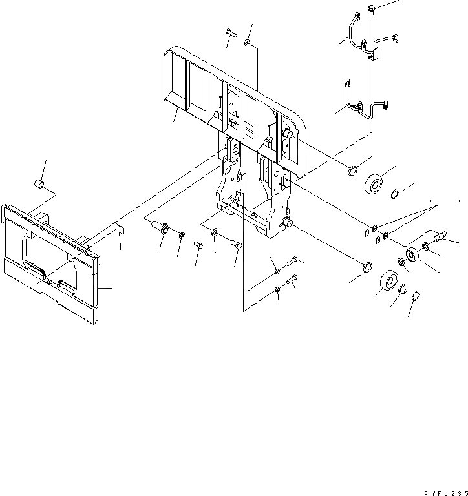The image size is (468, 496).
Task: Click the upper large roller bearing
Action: [376, 185]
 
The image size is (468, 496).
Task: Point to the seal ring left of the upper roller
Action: [353, 170]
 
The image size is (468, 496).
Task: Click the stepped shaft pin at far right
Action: [442, 237]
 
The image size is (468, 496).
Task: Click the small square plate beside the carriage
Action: [118, 229]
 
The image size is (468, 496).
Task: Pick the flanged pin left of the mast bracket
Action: [160, 227]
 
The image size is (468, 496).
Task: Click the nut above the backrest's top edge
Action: [247, 43]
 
